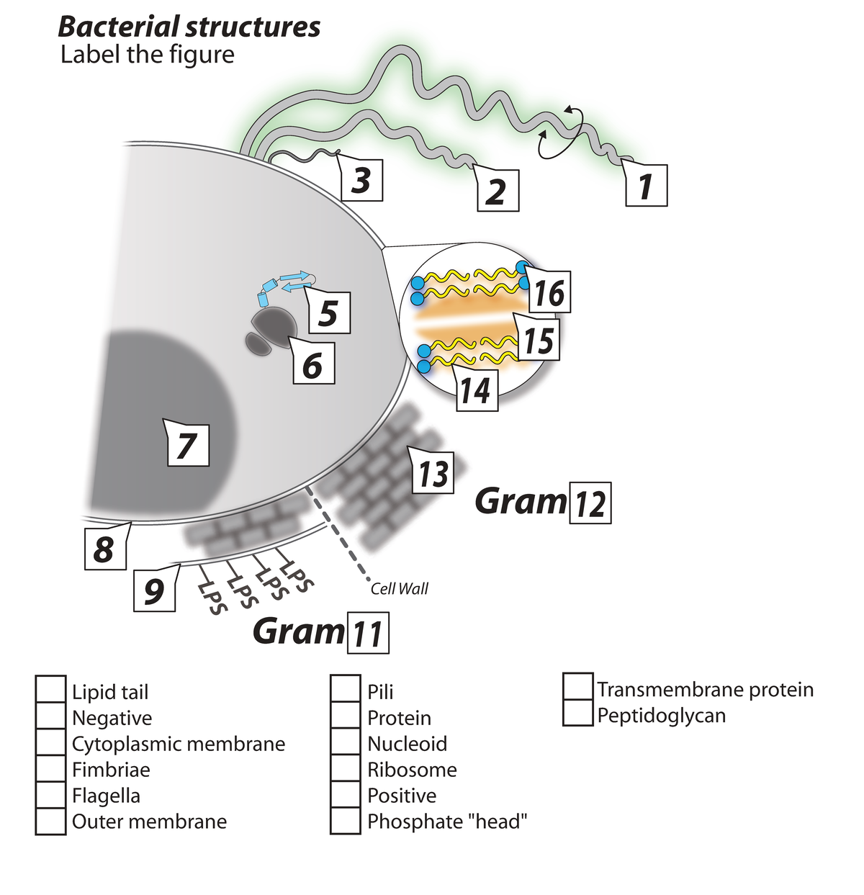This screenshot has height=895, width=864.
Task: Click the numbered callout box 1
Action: click(646, 185)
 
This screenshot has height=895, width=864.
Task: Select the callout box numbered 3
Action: click(361, 180)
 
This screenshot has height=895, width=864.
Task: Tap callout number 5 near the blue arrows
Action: click(328, 312)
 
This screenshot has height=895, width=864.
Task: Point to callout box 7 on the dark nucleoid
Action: click(187, 444)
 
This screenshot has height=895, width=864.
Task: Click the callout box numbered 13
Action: click(433, 473)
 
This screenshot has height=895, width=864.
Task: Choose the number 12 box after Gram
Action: click(590, 502)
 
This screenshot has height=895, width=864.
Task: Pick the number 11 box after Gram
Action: click(368, 633)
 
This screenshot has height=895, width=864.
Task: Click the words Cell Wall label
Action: click(399, 588)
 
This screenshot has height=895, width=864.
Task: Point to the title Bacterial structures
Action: click(189, 27)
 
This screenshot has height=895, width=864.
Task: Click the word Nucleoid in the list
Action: click(407, 743)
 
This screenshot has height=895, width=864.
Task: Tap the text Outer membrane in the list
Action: click(149, 821)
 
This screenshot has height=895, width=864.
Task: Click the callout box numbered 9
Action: click(155, 590)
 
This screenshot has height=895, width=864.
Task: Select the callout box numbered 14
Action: click(476, 391)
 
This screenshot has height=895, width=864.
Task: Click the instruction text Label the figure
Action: click(148, 55)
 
